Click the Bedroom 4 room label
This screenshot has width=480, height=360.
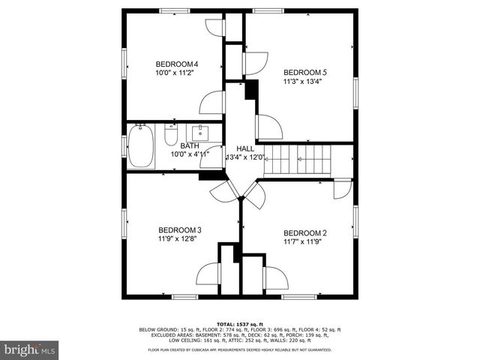coord(176,64)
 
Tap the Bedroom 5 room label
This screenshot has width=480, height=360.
coord(304,73)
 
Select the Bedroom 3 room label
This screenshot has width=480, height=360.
coord(178,230)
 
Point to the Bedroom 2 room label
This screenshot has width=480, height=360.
coord(304,232)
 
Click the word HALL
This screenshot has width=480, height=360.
coord(245,149)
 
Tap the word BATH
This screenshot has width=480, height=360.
coord(188,145)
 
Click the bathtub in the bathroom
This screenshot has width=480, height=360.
coord(140,146)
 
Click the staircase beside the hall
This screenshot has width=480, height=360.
coord(300,160)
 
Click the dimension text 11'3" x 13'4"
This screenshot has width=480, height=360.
coord(304,83)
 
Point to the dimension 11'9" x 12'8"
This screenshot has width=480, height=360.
coord(178,240)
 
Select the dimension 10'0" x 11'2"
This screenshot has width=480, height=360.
coord(176,73)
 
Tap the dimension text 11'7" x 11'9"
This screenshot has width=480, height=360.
coord(304,242)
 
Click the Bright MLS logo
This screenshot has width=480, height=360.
coord(30,349)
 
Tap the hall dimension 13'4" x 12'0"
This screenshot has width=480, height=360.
coord(246,157)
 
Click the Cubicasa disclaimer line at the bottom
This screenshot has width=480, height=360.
coord(240,350)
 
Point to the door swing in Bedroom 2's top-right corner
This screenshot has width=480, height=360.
coord(342,189)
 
